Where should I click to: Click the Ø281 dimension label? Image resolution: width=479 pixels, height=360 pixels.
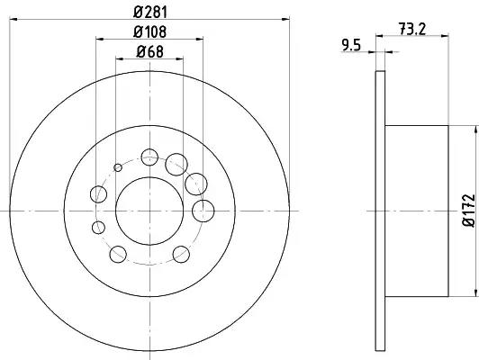tap(150, 13)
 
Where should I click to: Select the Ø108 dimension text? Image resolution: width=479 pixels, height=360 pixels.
tap(149, 31)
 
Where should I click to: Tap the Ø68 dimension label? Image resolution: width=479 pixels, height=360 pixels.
tap(149, 51)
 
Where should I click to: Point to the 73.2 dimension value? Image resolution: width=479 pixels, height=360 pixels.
tap(412, 29)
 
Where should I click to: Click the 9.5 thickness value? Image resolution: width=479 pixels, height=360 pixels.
tap(351, 46)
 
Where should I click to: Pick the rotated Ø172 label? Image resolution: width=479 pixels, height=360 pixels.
tap(469, 211)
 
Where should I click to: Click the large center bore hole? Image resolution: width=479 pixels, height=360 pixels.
tap(149, 211)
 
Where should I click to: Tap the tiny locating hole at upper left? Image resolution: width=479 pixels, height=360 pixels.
tap(118, 167)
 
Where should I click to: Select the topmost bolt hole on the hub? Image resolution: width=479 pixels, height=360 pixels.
tap(149, 157)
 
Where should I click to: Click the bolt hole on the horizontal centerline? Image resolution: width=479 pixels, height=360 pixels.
tap(203, 211)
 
